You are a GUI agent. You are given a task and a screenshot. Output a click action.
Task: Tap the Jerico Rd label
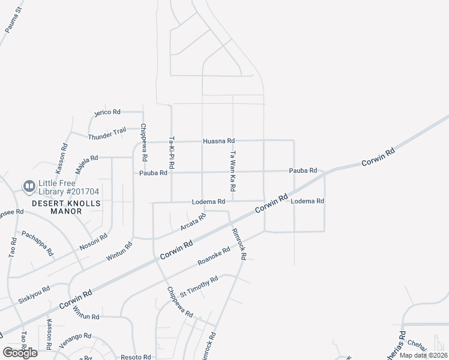108,112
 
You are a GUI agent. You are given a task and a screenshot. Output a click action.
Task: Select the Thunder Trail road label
107,133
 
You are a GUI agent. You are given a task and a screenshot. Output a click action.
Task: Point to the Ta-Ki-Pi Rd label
172,151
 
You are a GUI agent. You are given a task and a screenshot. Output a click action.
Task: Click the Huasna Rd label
218,140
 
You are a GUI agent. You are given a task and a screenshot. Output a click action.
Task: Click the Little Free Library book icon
28,187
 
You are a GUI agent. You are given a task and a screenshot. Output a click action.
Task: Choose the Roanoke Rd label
214,257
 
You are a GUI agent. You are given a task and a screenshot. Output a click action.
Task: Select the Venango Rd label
75,340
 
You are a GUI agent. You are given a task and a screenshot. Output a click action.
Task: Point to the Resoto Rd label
134,356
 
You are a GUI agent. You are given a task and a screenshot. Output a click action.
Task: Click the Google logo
20,353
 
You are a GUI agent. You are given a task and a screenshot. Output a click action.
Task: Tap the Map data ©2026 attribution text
423,355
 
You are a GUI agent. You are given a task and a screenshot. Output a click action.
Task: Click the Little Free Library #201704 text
68,187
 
